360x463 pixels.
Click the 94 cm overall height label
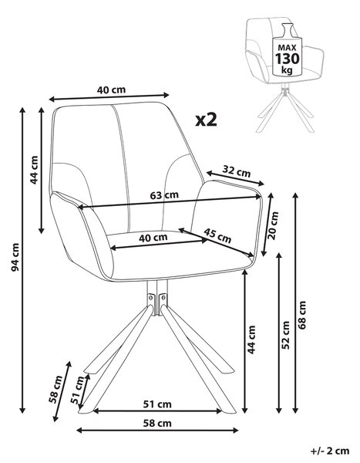[x=15, y=257]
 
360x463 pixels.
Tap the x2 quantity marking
[x=207, y=120]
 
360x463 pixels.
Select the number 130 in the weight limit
[x=287, y=59]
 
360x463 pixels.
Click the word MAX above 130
[x=287, y=48]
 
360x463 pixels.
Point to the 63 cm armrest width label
[x=164, y=195]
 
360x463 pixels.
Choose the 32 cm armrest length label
[x=237, y=171]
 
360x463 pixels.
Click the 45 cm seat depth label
[x=217, y=235]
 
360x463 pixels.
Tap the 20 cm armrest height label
[x=273, y=225]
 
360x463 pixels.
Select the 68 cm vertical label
[x=302, y=315]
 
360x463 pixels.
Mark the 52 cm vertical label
[x=286, y=335]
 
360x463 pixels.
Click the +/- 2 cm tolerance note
[x=330, y=451]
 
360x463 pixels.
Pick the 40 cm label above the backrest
[x=111, y=90]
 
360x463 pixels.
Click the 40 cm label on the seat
[x=153, y=238]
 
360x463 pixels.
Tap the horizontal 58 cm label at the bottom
[x=157, y=424]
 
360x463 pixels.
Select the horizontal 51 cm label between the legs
[x=157, y=404]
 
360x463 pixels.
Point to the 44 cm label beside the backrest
[x=34, y=170]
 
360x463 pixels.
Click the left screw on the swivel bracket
[x=151, y=297]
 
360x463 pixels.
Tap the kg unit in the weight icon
[x=287, y=70]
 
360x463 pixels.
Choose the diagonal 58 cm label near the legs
[x=56, y=389]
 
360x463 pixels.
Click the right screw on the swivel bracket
[x=163, y=297]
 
